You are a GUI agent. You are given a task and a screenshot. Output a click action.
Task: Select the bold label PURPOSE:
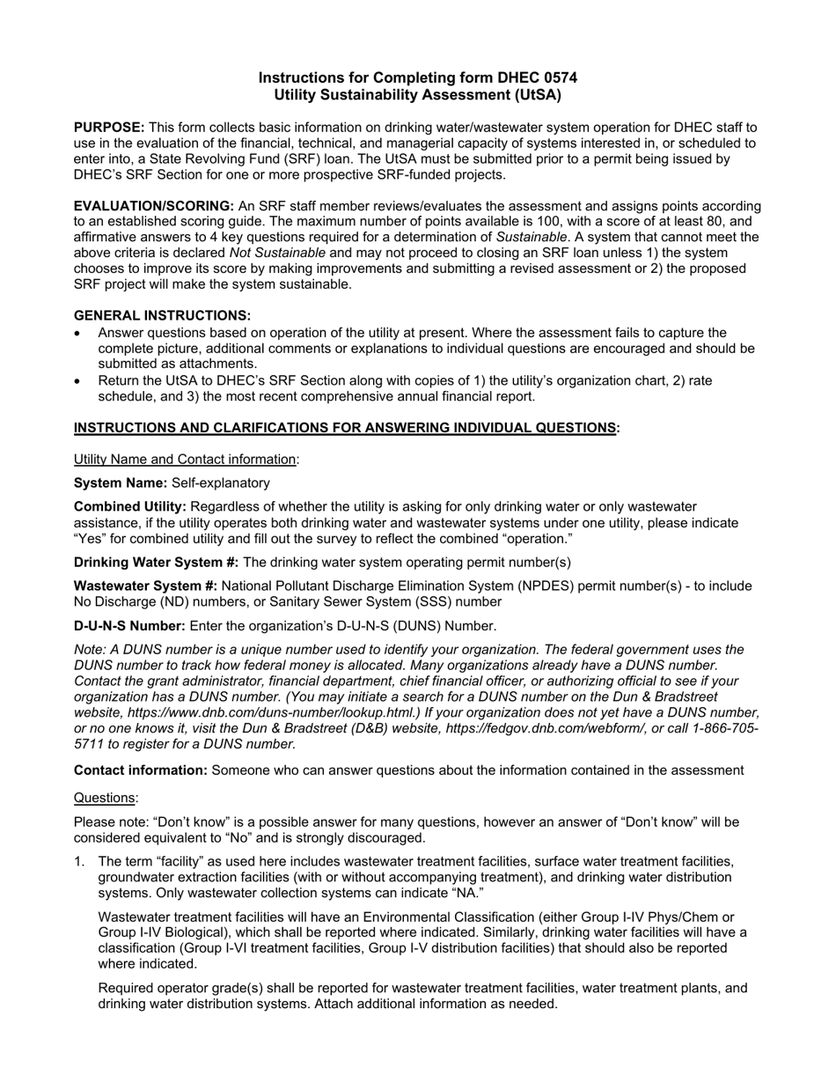pos(109,128)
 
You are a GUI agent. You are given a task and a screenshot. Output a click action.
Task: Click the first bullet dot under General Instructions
pos(78,333)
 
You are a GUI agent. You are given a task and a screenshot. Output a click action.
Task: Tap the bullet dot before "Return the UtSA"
pos(78,381)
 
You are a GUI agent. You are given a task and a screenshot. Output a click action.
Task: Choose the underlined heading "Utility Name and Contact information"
pos(185,459)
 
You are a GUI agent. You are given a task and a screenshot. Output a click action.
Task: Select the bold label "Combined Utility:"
pos(130,507)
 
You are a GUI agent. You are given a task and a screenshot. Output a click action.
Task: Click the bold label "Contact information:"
pos(141,770)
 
